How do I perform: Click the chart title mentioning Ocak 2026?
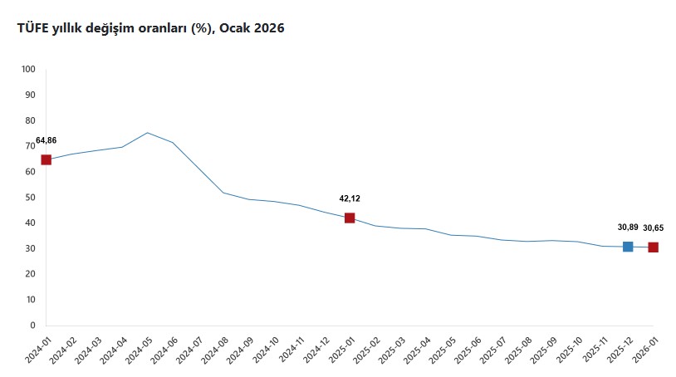(x=150, y=28)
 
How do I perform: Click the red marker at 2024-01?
(x=46, y=159)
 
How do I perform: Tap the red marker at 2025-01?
(x=350, y=218)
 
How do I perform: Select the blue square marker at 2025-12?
(x=628, y=247)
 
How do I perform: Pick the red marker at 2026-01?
(x=654, y=247)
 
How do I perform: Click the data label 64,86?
(x=47, y=140)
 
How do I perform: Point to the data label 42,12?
(x=350, y=198)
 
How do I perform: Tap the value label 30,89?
(x=628, y=227)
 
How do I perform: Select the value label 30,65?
(x=654, y=227)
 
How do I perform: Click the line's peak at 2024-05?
(x=147, y=133)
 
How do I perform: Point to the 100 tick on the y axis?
(x=29, y=69)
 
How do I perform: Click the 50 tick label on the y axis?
(x=31, y=198)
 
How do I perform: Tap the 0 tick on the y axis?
(x=33, y=326)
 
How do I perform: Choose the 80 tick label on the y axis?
(x=31, y=120)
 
